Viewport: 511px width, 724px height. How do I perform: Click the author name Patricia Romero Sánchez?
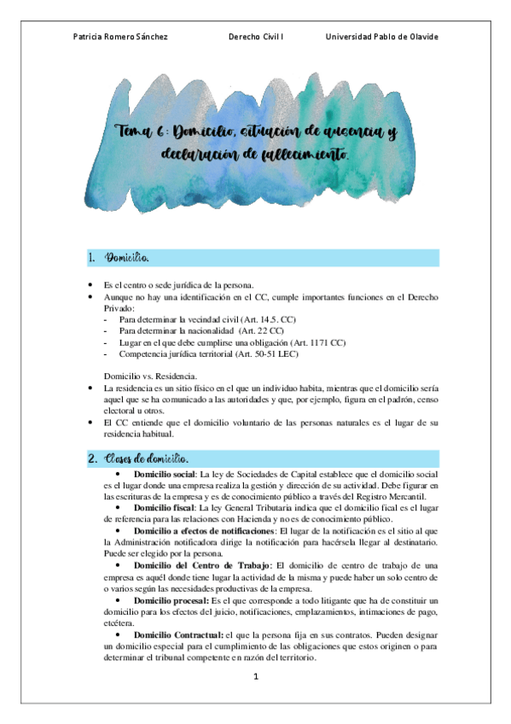point(120,37)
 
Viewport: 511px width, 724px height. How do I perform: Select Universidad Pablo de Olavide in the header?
point(382,37)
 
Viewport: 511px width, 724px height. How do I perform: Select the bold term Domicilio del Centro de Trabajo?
point(196,566)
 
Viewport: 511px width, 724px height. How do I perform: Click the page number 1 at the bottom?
point(254,677)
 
